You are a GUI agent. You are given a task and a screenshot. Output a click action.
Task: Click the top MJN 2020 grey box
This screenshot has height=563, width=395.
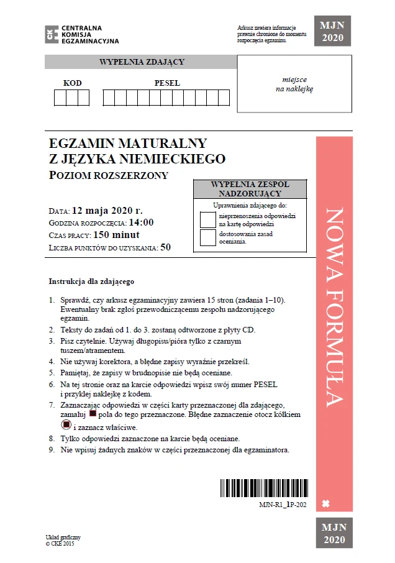click(332, 31)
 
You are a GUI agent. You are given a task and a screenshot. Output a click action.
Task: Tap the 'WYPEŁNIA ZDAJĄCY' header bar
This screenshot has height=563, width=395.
click(142, 62)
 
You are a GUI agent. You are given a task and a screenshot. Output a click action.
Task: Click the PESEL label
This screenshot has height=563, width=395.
click(167, 83)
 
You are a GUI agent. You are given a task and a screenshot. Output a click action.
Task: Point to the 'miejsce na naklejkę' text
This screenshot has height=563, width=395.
click(294, 84)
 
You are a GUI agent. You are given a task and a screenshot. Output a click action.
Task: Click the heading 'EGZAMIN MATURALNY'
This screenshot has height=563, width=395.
click(128, 144)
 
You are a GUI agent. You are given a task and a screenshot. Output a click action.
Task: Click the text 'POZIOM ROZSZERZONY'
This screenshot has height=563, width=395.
click(109, 175)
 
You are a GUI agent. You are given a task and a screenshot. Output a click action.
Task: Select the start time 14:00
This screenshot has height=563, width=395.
click(141, 222)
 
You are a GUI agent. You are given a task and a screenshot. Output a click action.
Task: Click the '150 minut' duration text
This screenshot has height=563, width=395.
click(116, 234)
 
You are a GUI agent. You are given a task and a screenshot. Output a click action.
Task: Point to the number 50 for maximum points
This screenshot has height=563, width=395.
click(165, 247)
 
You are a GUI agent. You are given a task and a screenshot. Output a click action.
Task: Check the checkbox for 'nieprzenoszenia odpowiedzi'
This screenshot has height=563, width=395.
click(207, 219)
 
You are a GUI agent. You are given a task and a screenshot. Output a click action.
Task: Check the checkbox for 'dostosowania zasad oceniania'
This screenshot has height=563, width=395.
click(207, 237)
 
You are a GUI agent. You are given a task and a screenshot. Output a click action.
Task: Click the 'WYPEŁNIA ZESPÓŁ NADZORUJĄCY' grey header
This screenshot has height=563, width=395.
click(250, 189)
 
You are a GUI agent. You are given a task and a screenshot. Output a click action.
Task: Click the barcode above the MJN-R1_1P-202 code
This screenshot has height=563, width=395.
click(263, 488)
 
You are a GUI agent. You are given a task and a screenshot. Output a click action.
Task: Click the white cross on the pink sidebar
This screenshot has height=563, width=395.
click(326, 502)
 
